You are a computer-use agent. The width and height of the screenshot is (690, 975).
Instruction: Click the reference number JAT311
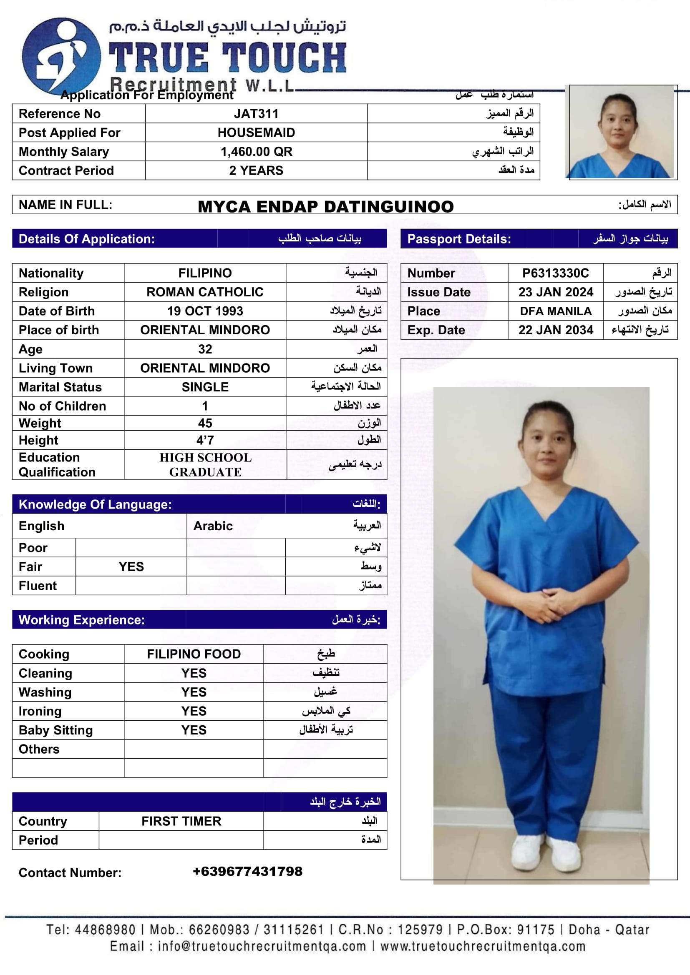click(x=256, y=114)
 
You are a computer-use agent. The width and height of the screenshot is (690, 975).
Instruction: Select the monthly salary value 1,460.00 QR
click(x=256, y=152)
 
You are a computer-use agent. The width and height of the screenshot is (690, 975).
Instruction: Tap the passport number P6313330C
click(x=555, y=273)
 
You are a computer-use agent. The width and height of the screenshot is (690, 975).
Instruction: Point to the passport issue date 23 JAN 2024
click(x=555, y=292)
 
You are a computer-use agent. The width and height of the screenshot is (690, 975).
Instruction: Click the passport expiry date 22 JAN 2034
click(x=555, y=330)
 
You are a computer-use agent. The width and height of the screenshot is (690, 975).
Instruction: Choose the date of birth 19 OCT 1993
click(x=205, y=311)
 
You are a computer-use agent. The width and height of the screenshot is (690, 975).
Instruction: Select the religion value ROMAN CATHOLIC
click(x=205, y=292)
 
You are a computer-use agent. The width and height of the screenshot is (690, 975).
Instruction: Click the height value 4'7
click(x=205, y=440)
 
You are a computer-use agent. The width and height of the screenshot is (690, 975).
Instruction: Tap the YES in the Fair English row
click(x=131, y=566)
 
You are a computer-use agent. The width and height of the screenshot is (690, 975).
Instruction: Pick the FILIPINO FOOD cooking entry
click(x=194, y=654)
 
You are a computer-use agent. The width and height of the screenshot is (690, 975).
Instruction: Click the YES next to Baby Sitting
click(x=194, y=730)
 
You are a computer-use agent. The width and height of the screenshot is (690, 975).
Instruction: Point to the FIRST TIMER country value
click(x=181, y=821)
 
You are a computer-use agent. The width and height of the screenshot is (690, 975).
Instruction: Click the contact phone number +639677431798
click(x=247, y=871)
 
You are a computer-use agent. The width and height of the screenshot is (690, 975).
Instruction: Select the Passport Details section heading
click(x=459, y=239)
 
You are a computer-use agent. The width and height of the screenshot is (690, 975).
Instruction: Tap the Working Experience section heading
click(x=82, y=620)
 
